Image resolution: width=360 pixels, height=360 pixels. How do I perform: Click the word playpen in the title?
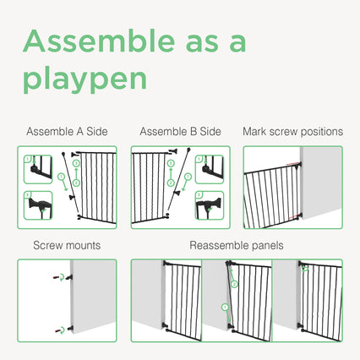point(85,78)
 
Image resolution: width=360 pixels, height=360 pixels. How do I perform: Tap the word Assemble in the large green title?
point(99,41)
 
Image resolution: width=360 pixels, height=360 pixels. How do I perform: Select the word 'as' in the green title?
point(202,44)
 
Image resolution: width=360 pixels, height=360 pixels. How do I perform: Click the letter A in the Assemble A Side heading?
point(79,132)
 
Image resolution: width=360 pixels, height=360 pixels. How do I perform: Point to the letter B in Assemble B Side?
point(194,132)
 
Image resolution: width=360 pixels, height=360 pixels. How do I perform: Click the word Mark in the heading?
point(254,132)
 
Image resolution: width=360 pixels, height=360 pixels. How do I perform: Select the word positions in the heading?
point(321,132)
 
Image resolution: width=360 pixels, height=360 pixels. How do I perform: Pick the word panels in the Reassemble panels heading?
point(268,246)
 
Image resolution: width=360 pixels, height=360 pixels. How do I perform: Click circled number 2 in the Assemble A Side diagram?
point(76,183)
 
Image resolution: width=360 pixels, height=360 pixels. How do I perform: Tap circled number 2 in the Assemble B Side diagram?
point(171,183)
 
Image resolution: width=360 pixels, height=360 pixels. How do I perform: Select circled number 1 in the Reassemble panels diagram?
point(225,308)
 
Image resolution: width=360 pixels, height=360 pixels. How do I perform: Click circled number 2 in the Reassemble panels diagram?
point(234,284)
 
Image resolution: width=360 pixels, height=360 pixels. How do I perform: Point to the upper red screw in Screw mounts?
point(56,278)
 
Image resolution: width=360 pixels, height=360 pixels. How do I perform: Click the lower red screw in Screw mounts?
point(58,330)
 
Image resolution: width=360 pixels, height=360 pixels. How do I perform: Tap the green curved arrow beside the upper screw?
point(63,276)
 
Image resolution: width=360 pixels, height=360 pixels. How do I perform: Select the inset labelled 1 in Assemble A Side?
point(38,169)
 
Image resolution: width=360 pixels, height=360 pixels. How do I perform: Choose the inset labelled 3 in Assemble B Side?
point(210,205)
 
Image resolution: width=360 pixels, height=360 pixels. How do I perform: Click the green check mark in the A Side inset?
point(43,210)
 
